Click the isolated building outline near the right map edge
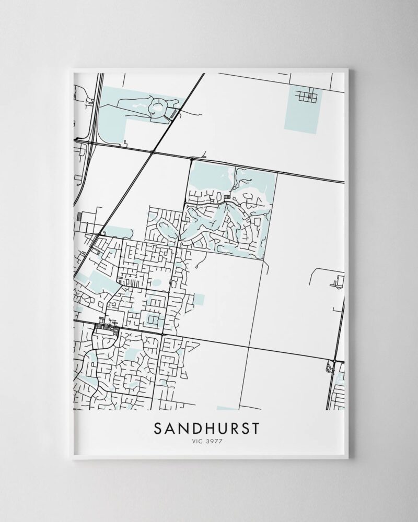coord(336,282)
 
